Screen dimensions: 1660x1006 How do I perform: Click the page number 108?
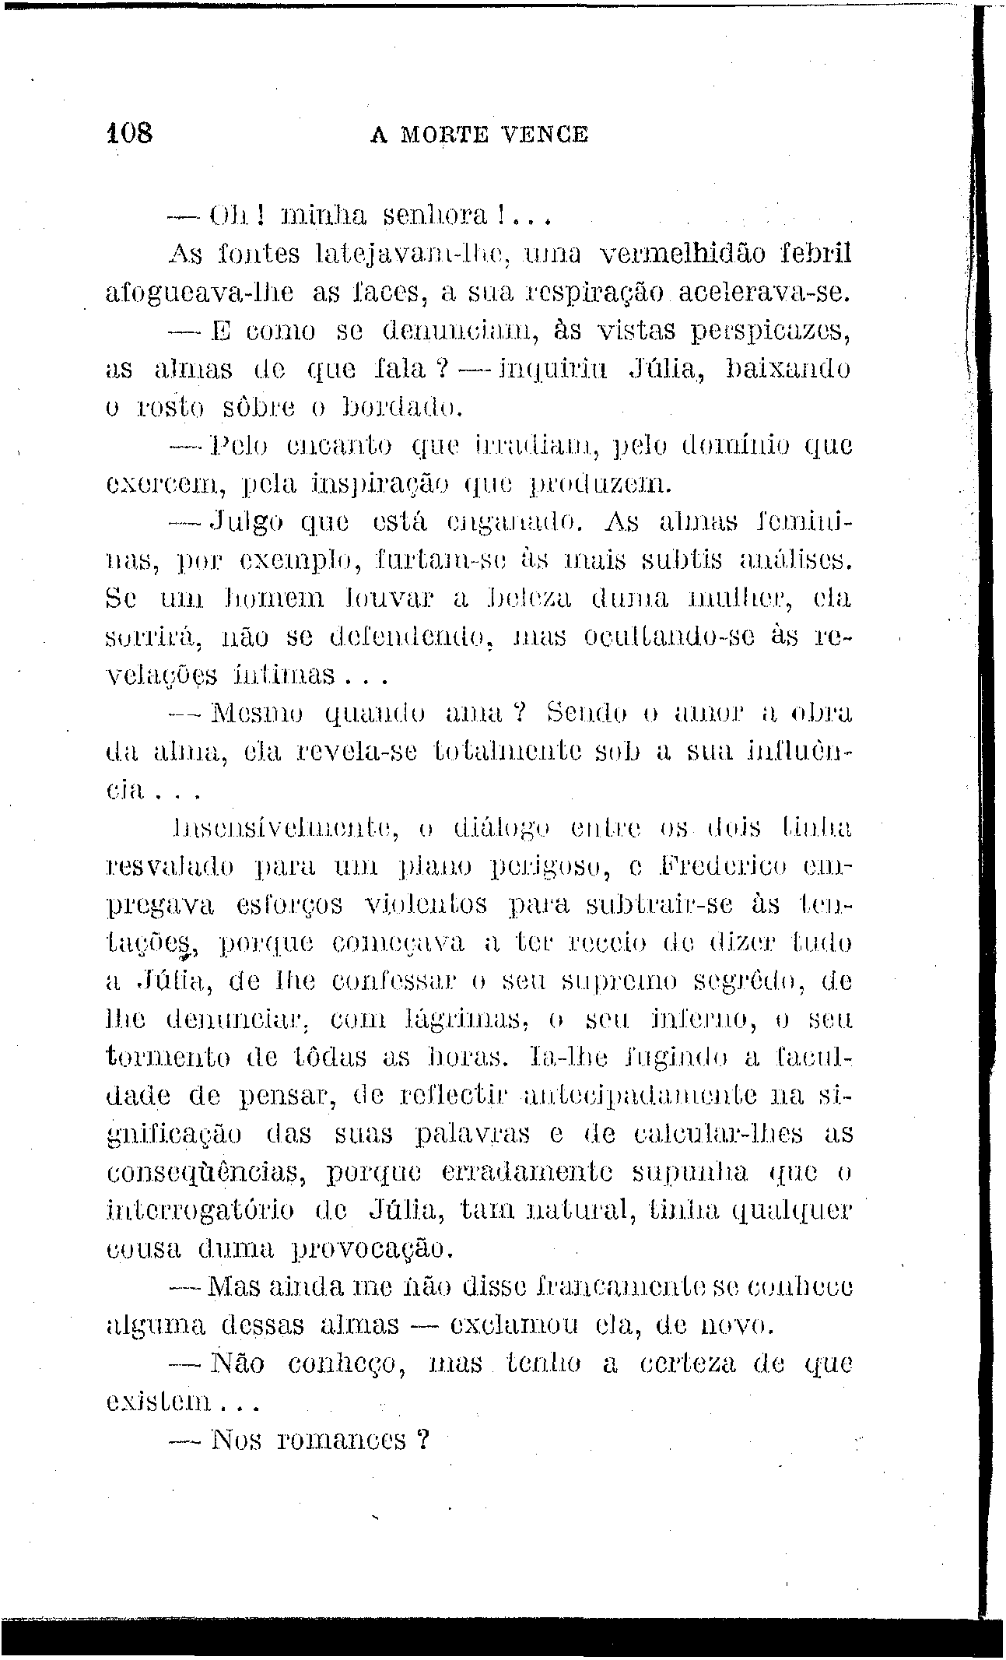(x=131, y=133)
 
